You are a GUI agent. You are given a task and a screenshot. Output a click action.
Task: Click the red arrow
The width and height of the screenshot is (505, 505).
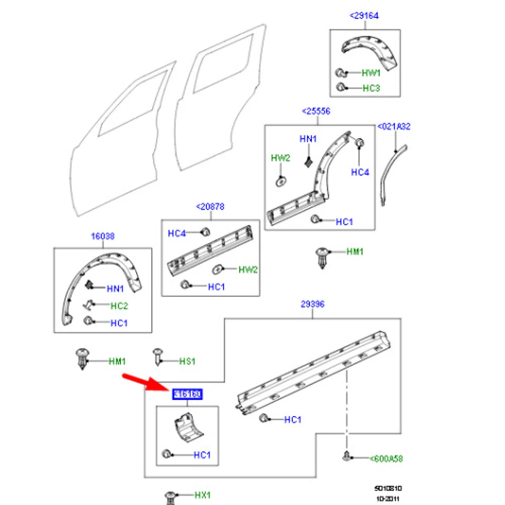tap(142, 382)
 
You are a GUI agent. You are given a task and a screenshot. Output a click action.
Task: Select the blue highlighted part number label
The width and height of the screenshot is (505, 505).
tap(187, 394)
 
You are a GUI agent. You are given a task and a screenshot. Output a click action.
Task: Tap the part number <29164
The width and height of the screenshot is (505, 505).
tap(364, 16)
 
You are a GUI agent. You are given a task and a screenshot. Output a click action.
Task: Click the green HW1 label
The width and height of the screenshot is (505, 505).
tap(371, 73)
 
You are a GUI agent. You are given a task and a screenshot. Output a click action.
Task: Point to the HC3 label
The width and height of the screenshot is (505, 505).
tap(371, 88)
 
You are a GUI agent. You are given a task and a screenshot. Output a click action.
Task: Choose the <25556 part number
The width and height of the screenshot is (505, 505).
tap(316, 111)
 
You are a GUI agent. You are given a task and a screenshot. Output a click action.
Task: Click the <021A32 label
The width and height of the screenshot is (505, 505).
tap(394, 127)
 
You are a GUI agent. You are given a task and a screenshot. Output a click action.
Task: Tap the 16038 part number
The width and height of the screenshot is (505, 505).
tap(102, 236)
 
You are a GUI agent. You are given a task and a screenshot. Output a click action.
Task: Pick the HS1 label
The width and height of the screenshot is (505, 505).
tap(187, 361)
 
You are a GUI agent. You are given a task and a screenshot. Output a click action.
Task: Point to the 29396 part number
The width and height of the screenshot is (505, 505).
tap(312, 304)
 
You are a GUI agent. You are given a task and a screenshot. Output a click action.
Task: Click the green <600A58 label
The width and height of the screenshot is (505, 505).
tap(386, 459)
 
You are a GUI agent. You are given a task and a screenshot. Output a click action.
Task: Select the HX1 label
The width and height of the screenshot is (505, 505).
tap(203, 495)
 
